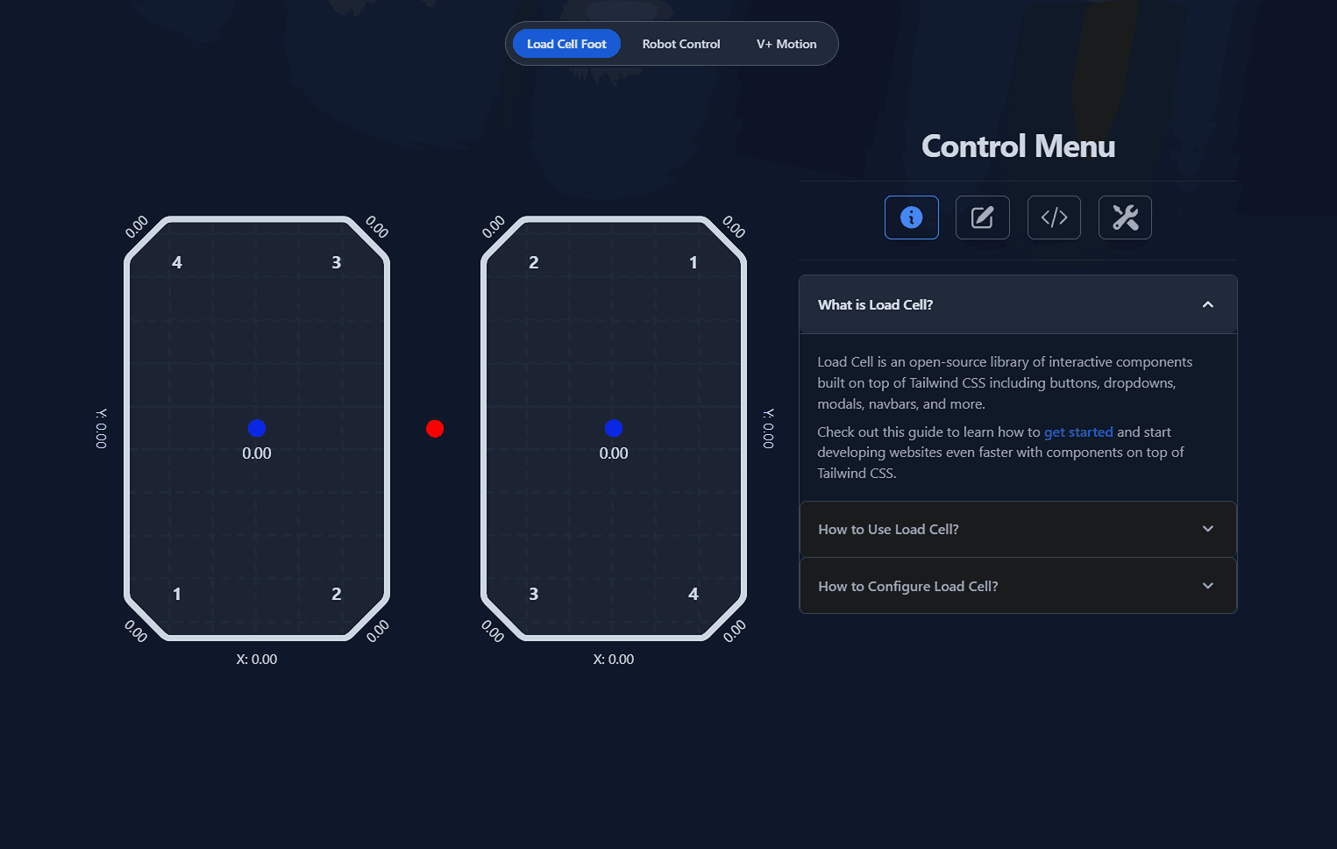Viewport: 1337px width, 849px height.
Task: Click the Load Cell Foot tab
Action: pyautogui.click(x=566, y=44)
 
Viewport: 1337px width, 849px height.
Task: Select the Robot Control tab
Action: pyautogui.click(x=681, y=44)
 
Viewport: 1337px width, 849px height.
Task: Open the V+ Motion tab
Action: pyautogui.click(x=786, y=44)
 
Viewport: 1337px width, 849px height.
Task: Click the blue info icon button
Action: pyautogui.click(x=911, y=218)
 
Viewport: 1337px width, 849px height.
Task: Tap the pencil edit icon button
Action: pyautogui.click(x=982, y=218)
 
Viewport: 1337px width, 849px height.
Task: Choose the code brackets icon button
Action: pyautogui.click(x=1054, y=218)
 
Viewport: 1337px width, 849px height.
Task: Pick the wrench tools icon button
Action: pyautogui.click(x=1125, y=218)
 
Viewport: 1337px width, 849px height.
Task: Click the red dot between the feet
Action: pyautogui.click(x=435, y=429)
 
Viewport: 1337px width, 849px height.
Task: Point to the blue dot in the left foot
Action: pyautogui.click(x=257, y=428)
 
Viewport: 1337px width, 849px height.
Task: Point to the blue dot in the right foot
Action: pyautogui.click(x=614, y=428)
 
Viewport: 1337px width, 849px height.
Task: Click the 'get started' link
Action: pyautogui.click(x=1078, y=432)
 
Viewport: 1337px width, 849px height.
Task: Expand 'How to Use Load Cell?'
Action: pyautogui.click(x=1018, y=530)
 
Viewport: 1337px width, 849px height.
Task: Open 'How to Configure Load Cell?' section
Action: pyautogui.click(x=1018, y=586)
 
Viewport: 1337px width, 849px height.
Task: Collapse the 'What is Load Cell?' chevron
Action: pyautogui.click(x=1208, y=304)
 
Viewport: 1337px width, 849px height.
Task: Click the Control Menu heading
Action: pyautogui.click(x=1018, y=146)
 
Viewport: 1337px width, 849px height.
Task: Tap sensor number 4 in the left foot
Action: pyautogui.click(x=177, y=262)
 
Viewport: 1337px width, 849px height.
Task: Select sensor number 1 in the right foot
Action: pyautogui.click(x=693, y=262)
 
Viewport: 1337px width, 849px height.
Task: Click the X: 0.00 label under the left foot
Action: pyautogui.click(x=257, y=660)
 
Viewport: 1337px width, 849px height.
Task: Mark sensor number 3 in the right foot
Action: pyautogui.click(x=534, y=594)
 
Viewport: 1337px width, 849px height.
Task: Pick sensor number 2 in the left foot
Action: pyautogui.click(x=337, y=594)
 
